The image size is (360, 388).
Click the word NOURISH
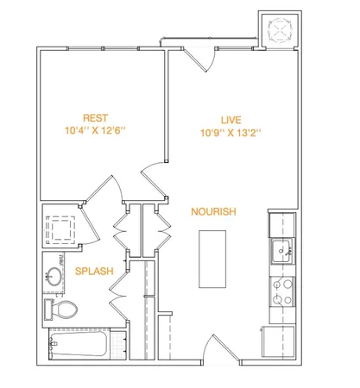[x=212, y=211]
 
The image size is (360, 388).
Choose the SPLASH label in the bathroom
[x=94, y=272]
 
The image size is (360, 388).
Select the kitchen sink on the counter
[x=281, y=253]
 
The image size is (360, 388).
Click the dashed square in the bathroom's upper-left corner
[x=61, y=229]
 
